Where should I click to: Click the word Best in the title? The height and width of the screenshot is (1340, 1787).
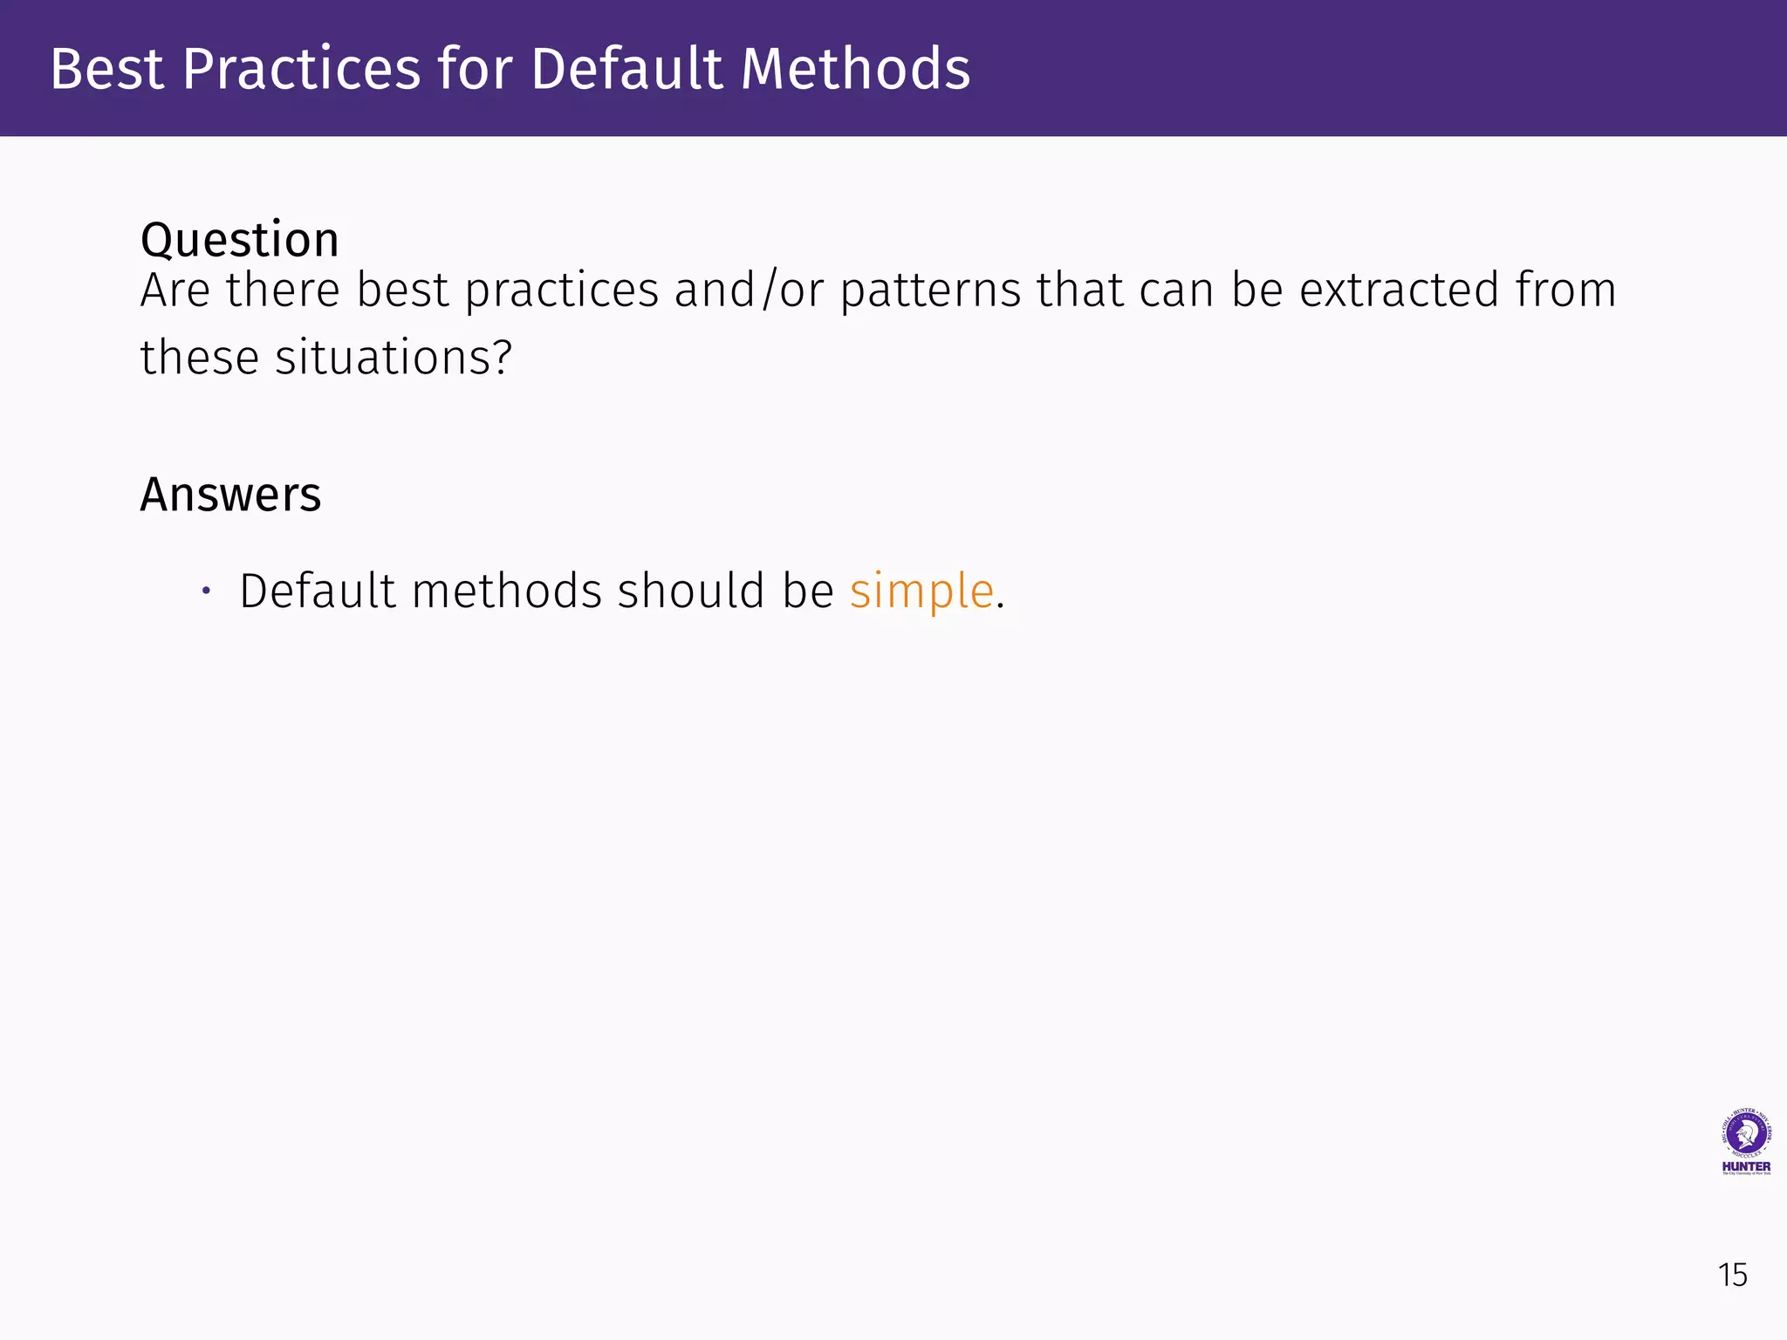[106, 69]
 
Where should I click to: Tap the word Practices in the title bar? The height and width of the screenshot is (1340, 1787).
[302, 69]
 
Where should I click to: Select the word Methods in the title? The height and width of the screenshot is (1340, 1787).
[855, 69]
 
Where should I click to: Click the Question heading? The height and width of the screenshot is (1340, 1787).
[240, 240]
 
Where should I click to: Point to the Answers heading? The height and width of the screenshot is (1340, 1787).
[230, 495]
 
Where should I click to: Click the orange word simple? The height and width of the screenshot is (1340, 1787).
[921, 591]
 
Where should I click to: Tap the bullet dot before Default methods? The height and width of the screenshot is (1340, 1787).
[206, 591]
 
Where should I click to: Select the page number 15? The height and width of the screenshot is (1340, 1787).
[1732, 1275]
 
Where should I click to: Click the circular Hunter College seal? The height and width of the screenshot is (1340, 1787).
[1746, 1134]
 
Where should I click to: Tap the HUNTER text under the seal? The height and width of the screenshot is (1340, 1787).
[1746, 1166]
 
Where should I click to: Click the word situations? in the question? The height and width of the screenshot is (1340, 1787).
[394, 358]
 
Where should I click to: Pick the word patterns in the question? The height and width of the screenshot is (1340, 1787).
[930, 291]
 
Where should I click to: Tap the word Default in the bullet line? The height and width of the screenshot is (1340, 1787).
[318, 591]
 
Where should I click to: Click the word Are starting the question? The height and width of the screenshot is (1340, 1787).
[175, 291]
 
